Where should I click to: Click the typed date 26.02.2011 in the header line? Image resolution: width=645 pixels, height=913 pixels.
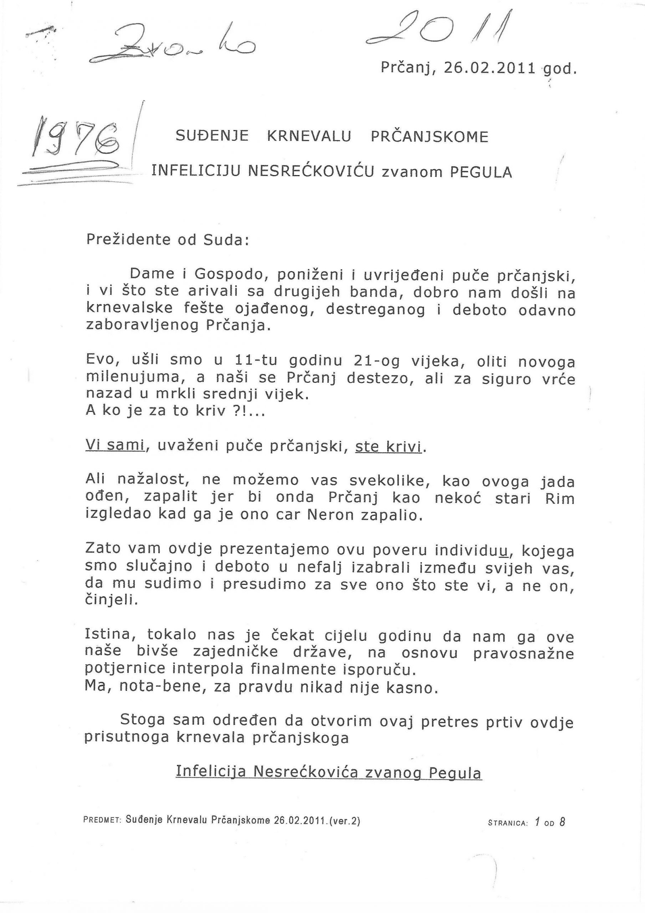[490, 68]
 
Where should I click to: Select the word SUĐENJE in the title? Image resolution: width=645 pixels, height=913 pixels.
[212, 136]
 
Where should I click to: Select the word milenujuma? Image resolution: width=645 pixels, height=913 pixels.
[130, 378]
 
